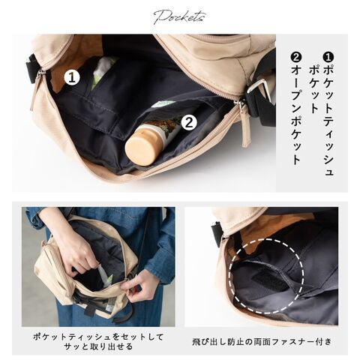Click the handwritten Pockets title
(179, 17)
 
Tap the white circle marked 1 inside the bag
(72, 77)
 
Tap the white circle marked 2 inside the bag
(189, 123)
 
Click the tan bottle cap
(140, 149)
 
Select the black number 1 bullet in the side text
(328, 57)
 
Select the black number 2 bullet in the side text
(296, 57)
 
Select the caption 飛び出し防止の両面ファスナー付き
(262, 341)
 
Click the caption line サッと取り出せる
(98, 346)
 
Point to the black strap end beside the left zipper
(32, 69)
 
